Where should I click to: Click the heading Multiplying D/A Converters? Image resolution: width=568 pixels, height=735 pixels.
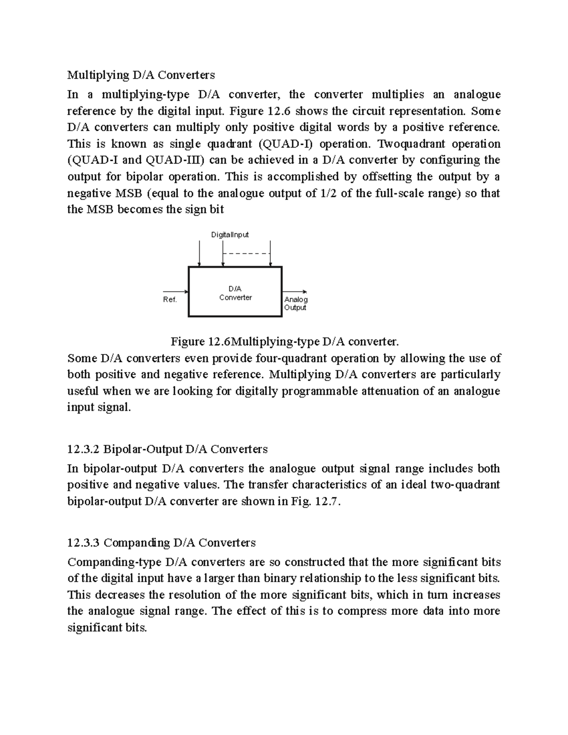point(141,75)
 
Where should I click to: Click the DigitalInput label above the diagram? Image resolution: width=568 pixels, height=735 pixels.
point(230,235)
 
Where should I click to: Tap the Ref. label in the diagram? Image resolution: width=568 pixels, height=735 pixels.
point(170,300)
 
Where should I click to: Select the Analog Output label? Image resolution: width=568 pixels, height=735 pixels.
point(295,303)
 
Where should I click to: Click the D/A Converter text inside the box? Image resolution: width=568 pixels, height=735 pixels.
point(235,293)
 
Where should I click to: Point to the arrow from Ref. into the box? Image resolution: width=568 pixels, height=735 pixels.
point(176,292)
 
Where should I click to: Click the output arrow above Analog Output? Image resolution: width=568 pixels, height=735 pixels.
point(295,292)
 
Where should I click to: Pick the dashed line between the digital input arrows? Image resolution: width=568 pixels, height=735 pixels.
point(246,254)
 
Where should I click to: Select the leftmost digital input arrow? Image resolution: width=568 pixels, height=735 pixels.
point(200,253)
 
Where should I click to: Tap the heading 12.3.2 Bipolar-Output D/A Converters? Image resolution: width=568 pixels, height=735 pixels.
point(167,449)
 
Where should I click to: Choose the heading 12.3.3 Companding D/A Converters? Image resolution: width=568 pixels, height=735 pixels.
point(161,542)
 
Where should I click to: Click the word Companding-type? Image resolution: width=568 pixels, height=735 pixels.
point(115,562)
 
